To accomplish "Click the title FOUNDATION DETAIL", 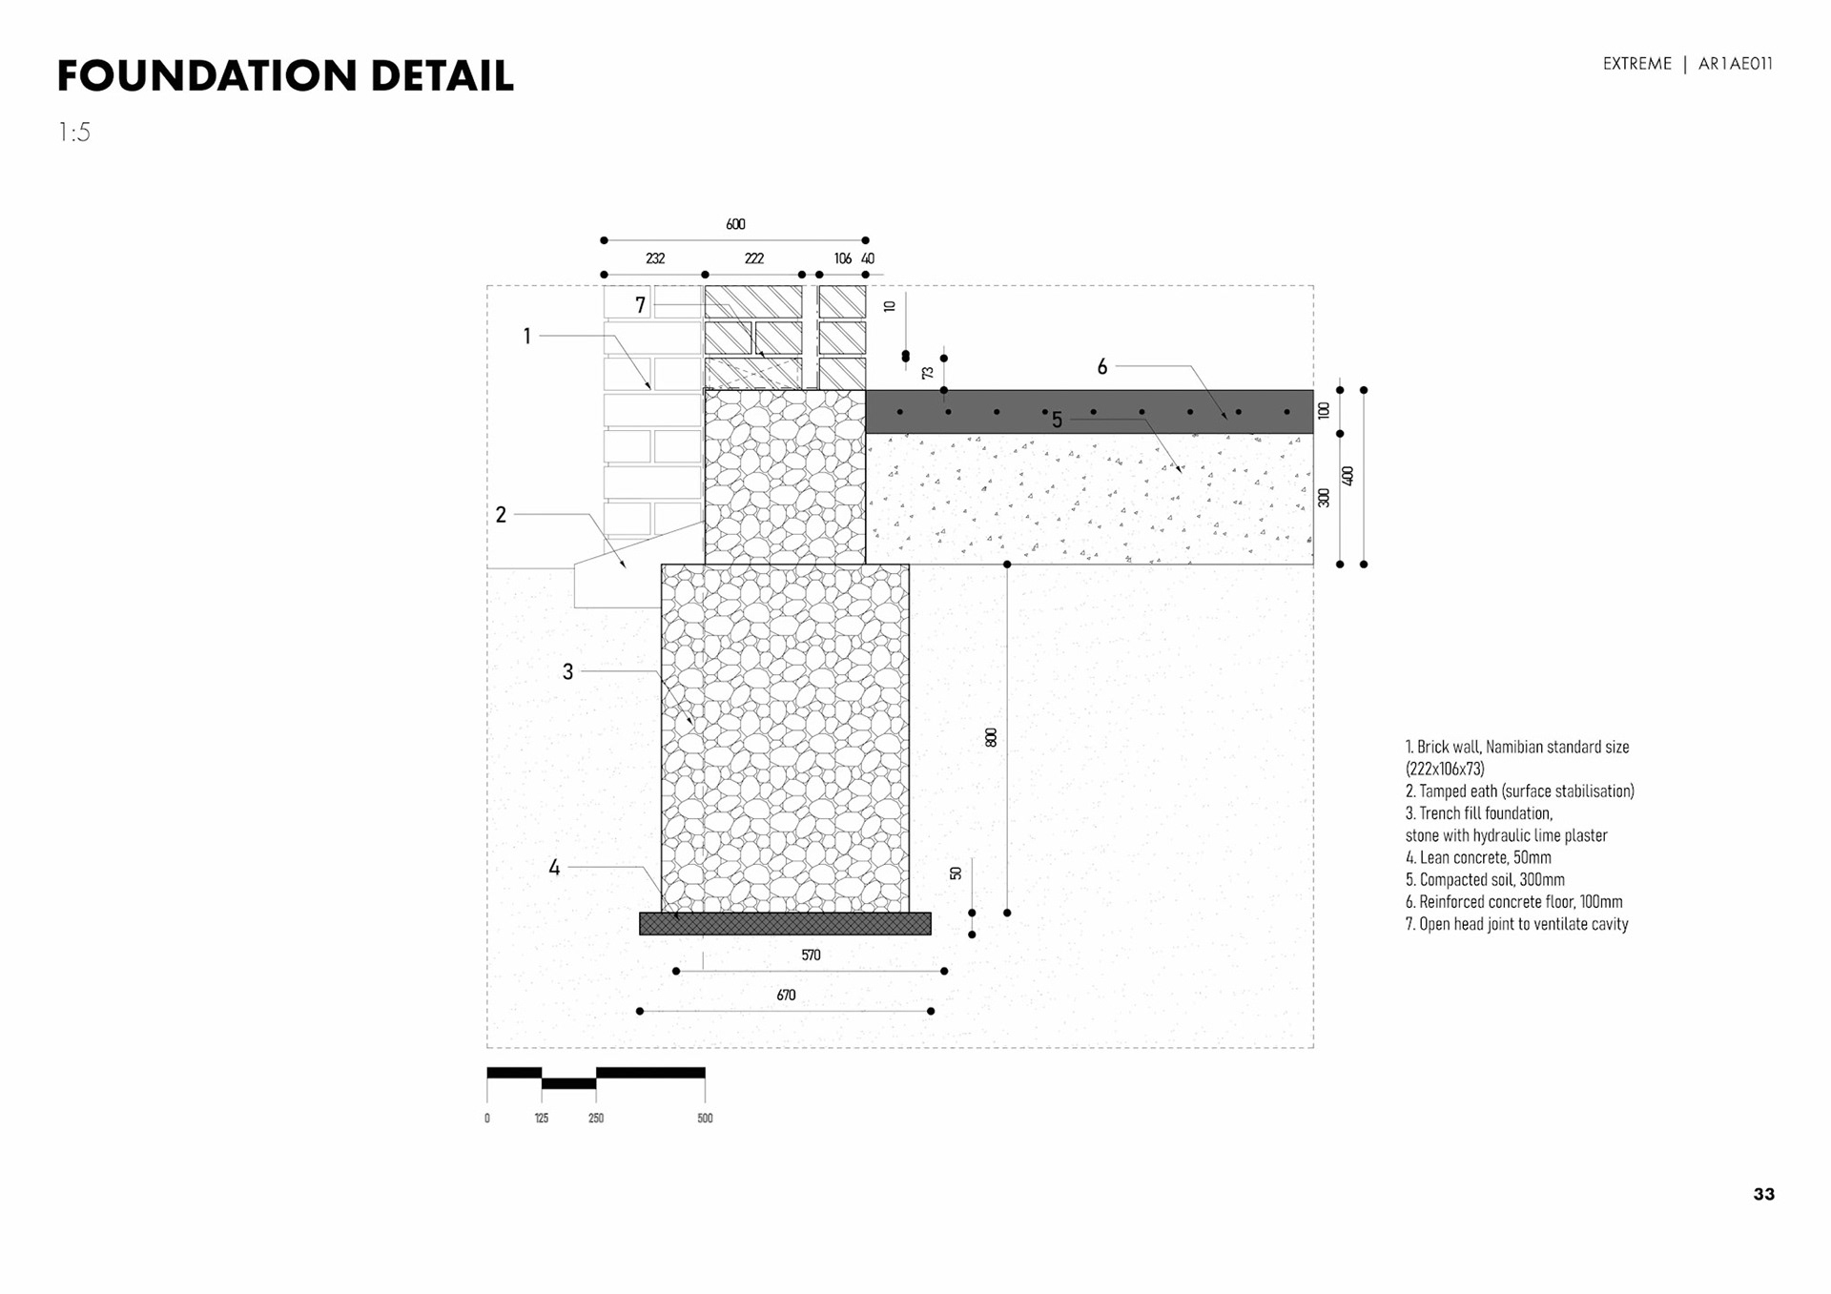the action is point(285,76).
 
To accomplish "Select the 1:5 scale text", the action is point(74,133).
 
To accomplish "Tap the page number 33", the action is point(1763,1194).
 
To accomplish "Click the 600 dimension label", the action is point(735,224).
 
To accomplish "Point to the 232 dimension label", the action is point(655,258).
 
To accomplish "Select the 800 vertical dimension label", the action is point(991,737).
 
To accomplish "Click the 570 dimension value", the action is point(811,955).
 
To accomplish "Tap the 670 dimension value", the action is point(786,995).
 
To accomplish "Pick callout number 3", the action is point(567,672).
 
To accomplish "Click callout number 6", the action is point(1102,367).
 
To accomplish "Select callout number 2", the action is point(501,515).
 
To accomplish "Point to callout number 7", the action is point(640,305).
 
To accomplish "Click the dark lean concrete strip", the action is point(785,923).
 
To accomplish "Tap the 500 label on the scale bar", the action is point(705,1118).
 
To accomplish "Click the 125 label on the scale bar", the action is point(542,1118).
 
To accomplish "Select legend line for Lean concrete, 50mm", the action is point(1477,857).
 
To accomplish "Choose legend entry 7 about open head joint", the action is point(1516,923).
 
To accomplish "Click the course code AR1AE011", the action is point(1735,64).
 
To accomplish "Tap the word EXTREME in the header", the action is point(1636,64).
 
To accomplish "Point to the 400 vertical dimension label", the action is point(1348,475).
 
